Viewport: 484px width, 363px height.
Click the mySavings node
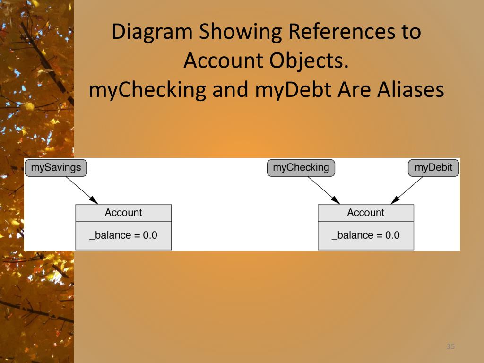56,167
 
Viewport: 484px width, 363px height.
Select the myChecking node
301,168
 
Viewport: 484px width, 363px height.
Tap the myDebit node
433,168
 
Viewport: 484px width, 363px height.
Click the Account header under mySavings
123,213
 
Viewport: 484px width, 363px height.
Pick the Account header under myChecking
365,213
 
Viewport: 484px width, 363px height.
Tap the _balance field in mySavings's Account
123,235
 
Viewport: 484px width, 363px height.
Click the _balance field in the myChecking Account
365,235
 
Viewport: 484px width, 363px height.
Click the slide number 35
450,347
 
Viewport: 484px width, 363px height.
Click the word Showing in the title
240,32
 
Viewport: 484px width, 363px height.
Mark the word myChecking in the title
147,90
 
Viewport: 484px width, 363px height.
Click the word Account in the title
223,60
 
